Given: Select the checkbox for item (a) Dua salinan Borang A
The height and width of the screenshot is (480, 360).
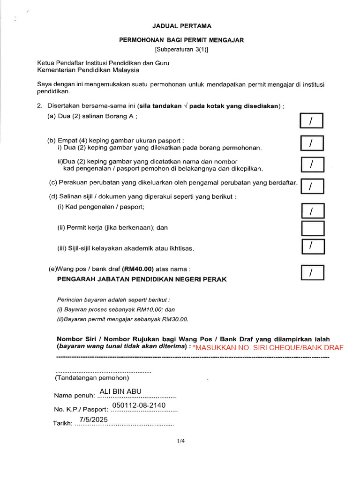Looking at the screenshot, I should tap(312, 121).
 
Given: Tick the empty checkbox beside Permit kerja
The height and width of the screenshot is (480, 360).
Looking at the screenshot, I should tap(312, 228).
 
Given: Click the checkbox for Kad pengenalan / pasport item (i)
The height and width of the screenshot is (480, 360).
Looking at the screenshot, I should tap(312, 211).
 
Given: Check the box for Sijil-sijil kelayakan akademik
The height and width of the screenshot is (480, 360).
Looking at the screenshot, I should tap(312, 246).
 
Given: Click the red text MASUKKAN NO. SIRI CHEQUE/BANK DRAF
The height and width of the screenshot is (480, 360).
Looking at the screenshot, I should tap(268, 347).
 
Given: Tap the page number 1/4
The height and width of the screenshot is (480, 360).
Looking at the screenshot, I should tap(181, 441).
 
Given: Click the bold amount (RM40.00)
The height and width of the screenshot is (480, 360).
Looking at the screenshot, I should tap(138, 269).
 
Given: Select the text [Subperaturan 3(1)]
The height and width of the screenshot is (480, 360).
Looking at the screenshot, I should tap(181, 49).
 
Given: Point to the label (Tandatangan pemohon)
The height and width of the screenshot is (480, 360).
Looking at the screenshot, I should tap(92, 378).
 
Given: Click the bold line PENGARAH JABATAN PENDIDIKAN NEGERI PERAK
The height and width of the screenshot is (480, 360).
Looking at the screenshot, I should tap(142, 279).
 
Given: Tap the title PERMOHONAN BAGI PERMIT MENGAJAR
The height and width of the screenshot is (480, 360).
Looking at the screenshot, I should tap(181, 41).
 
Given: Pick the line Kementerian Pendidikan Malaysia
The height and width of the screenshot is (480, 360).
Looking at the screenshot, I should tap(88, 70).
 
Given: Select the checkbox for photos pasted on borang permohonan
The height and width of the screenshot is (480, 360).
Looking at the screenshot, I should tap(312, 143).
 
